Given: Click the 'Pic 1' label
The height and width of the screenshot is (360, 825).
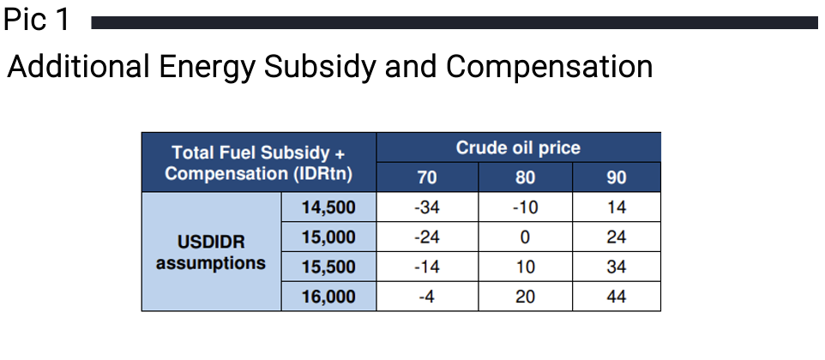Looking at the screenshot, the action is tap(37, 20).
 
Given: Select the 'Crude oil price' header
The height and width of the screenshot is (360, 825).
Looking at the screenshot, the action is tap(518, 147).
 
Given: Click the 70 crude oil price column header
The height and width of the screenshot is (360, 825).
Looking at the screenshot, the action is tap(427, 177).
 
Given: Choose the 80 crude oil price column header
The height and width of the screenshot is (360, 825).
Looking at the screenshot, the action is tap(525, 177).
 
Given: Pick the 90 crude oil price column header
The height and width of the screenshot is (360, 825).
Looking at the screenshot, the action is tap(616, 177).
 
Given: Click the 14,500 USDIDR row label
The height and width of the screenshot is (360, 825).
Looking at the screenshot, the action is tap(328, 207).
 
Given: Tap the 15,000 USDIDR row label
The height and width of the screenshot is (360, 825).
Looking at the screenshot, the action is tap(328, 237).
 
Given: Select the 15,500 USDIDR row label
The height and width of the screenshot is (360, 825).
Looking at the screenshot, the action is tap(328, 267).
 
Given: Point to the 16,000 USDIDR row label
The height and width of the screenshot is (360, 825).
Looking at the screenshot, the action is tap(328, 297).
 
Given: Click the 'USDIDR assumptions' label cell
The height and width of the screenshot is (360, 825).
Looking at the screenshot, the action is tap(211, 252).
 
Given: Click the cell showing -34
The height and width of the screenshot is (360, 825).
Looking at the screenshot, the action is tap(427, 207).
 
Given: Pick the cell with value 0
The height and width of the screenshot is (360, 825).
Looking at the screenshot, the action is tap(525, 237).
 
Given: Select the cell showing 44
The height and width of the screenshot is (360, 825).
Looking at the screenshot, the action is tap(616, 297).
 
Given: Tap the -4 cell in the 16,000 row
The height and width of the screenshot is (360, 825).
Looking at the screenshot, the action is tap(427, 297).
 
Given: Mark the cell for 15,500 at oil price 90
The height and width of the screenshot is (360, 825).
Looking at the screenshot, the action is tap(616, 267).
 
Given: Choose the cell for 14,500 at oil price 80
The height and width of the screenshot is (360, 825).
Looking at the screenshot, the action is tap(525, 207).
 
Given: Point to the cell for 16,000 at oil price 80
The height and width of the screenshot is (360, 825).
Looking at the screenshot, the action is tap(525, 297).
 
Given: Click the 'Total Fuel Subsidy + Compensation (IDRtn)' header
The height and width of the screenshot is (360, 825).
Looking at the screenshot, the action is tap(259, 162).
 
